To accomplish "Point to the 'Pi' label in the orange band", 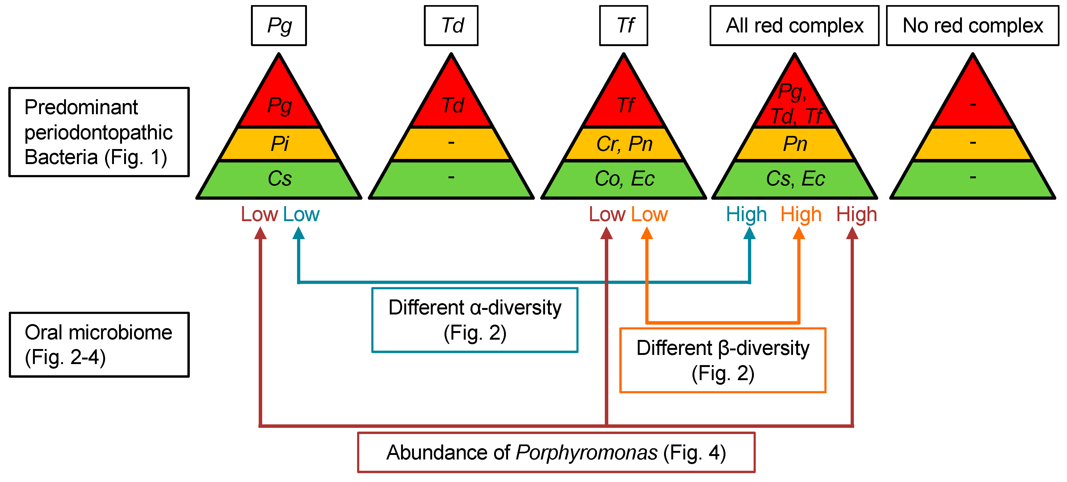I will pyautogui.click(x=280, y=144).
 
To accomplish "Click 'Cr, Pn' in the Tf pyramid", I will pyautogui.click(x=624, y=144).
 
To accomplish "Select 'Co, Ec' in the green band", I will pyautogui.click(x=624, y=179).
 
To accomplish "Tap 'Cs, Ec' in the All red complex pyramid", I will pyautogui.click(x=795, y=179).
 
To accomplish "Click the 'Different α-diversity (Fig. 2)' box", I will pyautogui.click(x=475, y=320).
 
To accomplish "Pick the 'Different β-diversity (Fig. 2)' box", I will pyautogui.click(x=723, y=360).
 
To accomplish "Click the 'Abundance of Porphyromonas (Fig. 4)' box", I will pyautogui.click(x=556, y=452).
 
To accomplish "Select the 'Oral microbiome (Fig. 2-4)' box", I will pyautogui.click(x=99, y=344).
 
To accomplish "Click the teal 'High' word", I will pyautogui.click(x=746, y=214).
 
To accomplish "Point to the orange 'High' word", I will pyautogui.click(x=801, y=214).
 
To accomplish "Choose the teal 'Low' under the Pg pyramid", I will pyautogui.click(x=301, y=214).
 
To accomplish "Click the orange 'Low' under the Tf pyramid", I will pyautogui.click(x=649, y=214).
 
